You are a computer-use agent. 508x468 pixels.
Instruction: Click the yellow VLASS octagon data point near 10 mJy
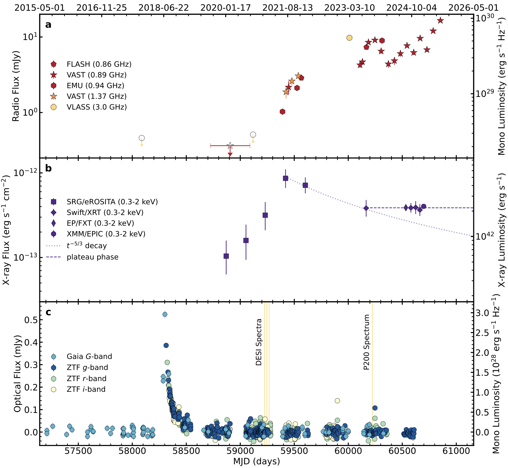point(349,38)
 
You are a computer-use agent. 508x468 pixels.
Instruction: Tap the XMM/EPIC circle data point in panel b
point(424,206)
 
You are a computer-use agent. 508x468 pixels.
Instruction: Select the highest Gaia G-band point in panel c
point(165,314)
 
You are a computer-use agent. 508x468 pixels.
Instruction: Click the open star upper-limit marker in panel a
point(230,146)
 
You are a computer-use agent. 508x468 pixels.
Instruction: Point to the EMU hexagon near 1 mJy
point(282,112)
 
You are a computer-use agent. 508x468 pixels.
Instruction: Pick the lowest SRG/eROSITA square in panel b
point(226,256)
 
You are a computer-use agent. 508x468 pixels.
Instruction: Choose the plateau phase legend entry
point(93,257)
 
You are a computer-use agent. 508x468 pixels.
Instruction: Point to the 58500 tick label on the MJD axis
point(186,451)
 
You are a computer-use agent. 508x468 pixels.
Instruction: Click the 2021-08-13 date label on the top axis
point(287,8)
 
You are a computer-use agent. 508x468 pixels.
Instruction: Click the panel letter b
point(48,169)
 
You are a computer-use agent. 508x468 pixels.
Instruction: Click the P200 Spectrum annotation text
point(366,342)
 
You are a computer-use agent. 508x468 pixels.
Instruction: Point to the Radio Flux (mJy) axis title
point(16,86)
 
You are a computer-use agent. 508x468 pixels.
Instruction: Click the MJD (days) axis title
point(256,461)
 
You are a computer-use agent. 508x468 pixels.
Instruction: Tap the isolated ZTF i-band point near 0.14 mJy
point(337,401)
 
